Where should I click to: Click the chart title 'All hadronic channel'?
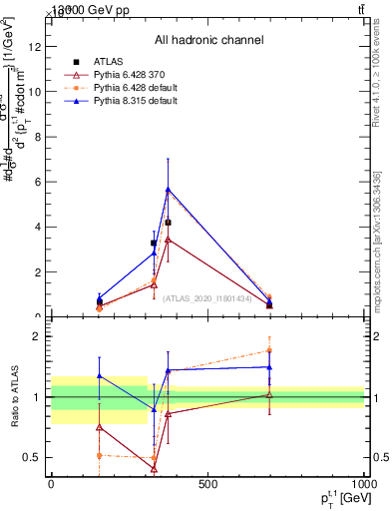coord(208,40)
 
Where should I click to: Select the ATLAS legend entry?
coord(108,62)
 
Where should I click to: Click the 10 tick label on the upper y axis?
coord(37,91)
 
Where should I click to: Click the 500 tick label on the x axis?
coord(206,484)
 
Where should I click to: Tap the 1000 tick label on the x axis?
coord(363,484)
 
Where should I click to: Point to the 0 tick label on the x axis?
coord(51,484)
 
